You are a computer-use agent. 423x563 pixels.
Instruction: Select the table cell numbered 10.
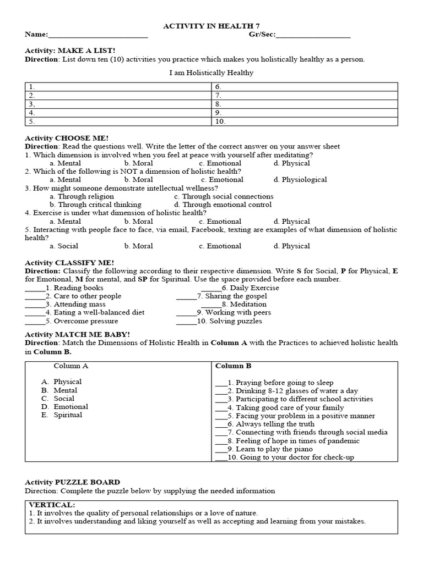[304, 122]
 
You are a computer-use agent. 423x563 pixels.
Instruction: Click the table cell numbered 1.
[118, 87]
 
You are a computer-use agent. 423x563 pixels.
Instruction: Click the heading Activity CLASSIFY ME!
[69, 263]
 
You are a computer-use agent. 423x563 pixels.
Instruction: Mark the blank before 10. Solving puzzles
[186, 322]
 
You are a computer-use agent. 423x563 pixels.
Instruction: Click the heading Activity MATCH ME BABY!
[77, 334]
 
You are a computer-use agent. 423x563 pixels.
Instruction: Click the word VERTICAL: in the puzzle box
[52, 505]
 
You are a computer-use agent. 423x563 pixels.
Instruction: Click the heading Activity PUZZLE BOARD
[72, 482]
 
